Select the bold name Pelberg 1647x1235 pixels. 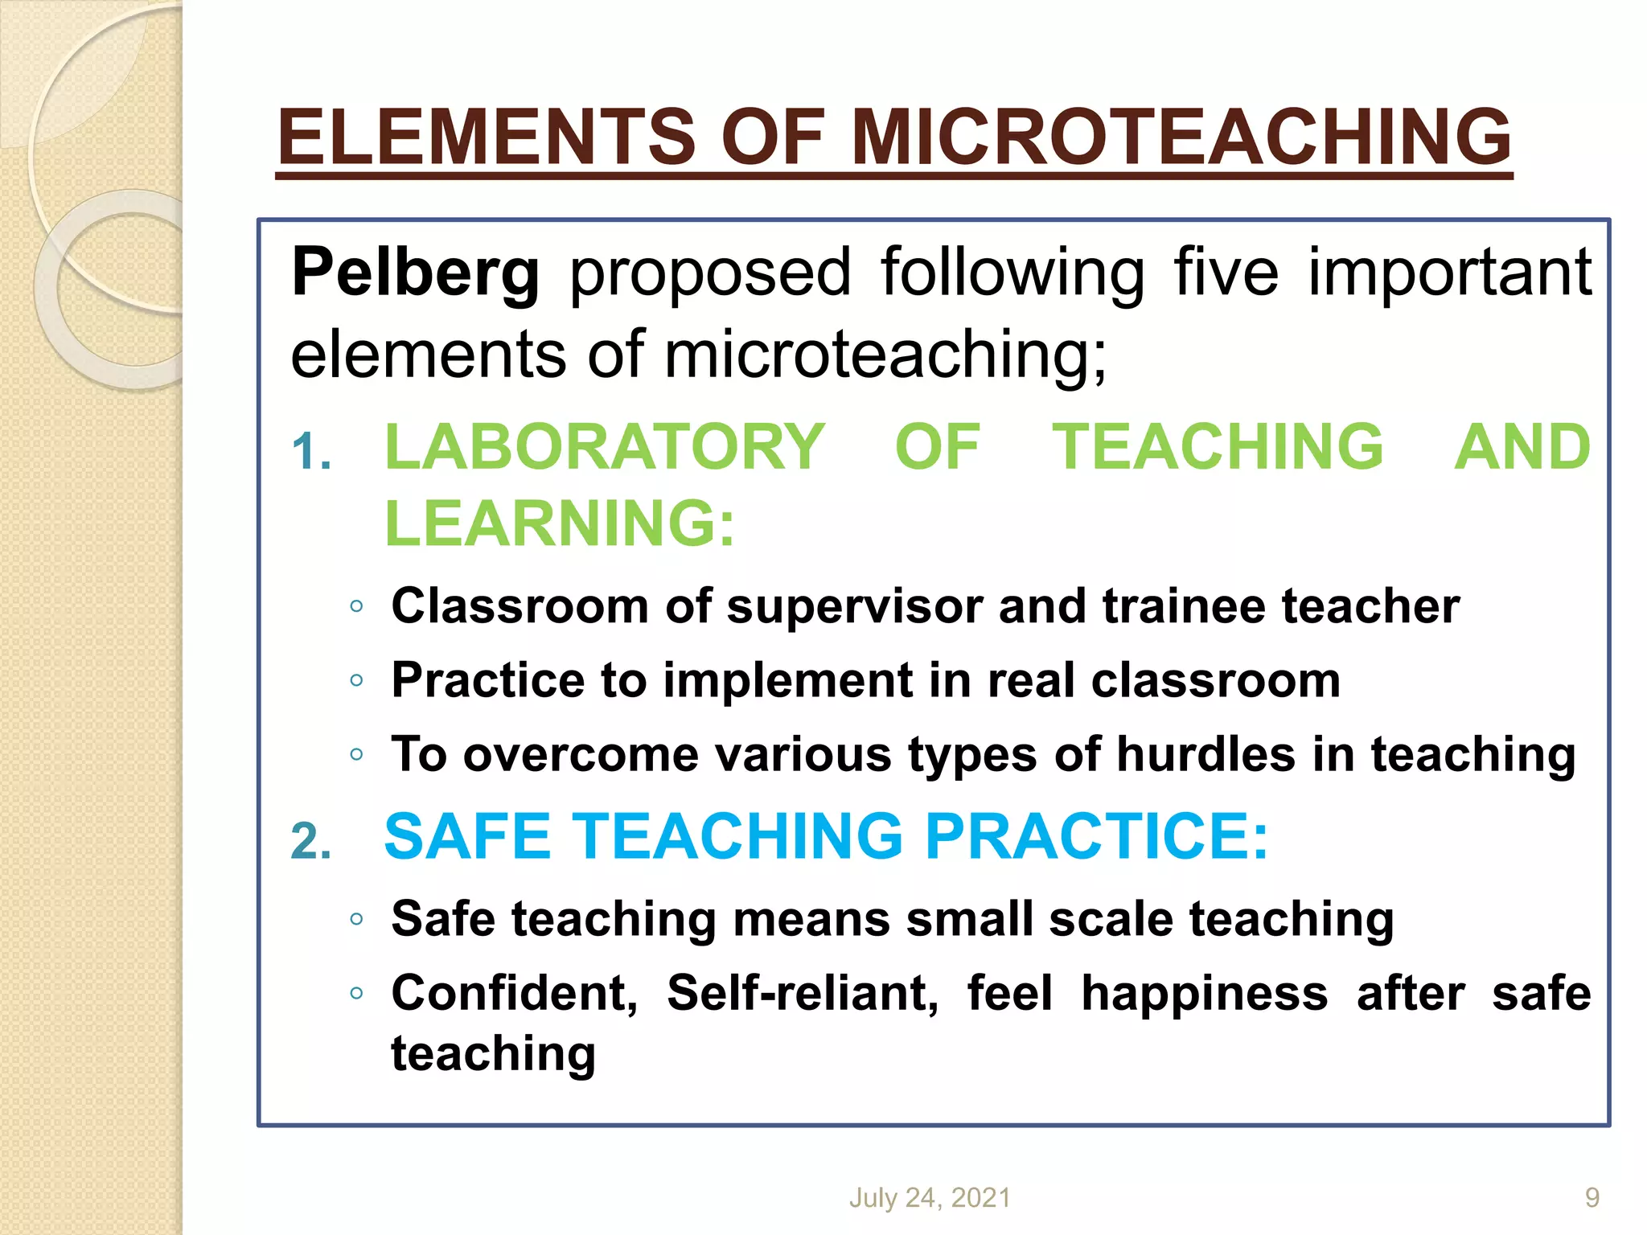(415, 273)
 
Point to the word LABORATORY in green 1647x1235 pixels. (605, 447)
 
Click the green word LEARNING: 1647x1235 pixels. (560, 523)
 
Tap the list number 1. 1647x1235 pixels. (310, 451)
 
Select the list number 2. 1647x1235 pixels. (310, 842)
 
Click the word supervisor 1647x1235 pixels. (854, 606)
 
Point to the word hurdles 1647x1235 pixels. (1205, 755)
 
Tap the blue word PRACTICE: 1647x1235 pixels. (1096, 836)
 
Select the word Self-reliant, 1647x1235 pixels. (802, 993)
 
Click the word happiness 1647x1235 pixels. (1204, 994)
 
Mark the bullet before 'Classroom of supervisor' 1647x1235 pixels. (357, 606)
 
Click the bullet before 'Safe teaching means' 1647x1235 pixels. (357, 919)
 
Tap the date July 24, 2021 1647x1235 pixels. (930, 1198)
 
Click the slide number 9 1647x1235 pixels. (1592, 1198)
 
